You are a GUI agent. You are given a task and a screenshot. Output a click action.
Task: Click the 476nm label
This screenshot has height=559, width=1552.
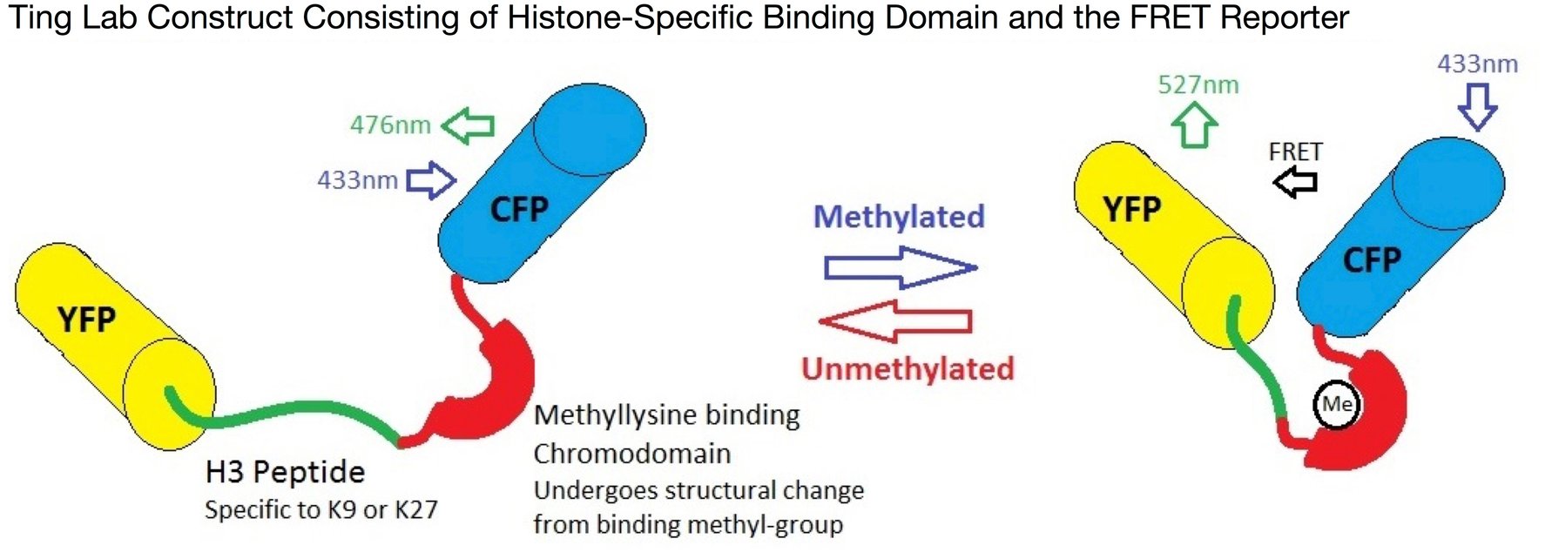click(390, 125)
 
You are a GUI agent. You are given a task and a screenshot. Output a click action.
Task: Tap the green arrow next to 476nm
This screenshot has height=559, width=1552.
click(469, 126)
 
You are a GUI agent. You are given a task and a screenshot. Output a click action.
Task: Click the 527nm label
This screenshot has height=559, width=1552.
click(1198, 85)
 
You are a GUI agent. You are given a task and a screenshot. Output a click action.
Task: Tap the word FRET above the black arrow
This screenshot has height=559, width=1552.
click(1295, 152)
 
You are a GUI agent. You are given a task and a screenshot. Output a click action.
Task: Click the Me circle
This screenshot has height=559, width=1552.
click(1337, 404)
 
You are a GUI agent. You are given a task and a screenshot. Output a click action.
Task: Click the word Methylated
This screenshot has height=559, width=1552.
click(898, 217)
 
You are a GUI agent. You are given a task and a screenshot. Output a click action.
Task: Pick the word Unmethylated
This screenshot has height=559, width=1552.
click(908, 369)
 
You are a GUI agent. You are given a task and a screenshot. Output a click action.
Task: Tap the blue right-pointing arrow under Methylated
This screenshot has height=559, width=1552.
click(900, 267)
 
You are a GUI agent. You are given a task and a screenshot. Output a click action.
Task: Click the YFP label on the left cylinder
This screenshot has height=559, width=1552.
click(86, 320)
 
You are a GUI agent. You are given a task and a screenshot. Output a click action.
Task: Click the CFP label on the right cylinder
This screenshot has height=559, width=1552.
click(1371, 259)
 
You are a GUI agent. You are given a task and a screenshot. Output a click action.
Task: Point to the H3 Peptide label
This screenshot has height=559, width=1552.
click(285, 472)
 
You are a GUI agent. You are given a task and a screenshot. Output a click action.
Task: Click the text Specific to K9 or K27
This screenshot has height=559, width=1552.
click(321, 510)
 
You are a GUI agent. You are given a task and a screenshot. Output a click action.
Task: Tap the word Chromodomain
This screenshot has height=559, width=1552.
click(631, 454)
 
